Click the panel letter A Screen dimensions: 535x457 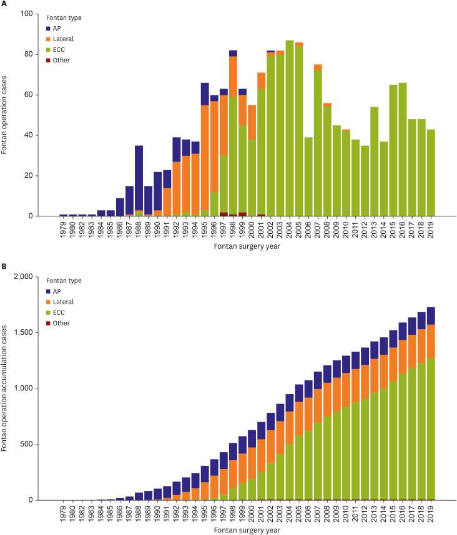pos(4,4)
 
